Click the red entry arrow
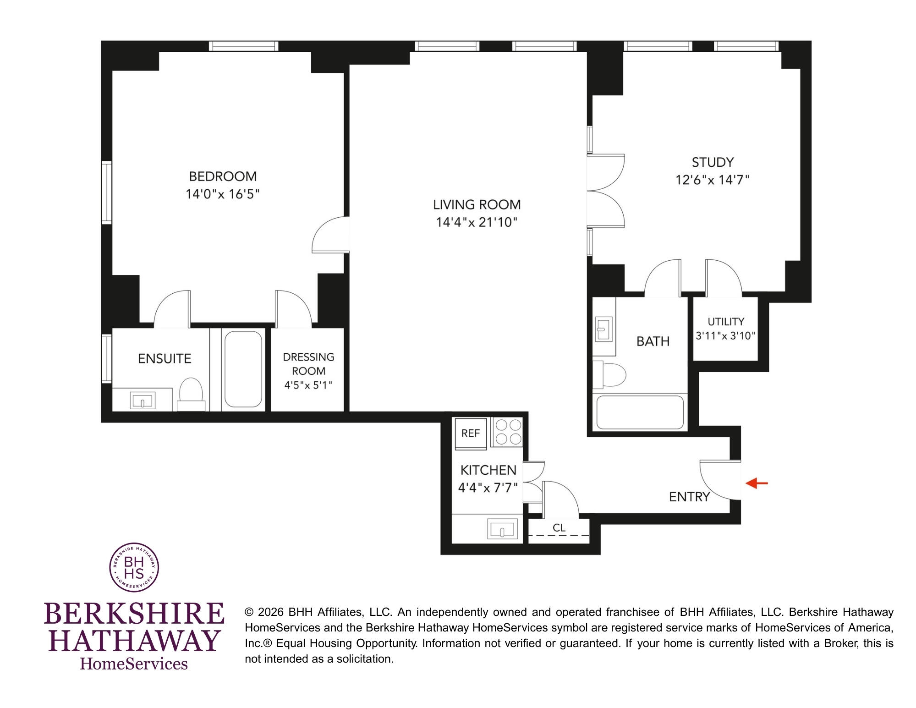pyautogui.click(x=757, y=483)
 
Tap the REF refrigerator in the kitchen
pyautogui.click(x=471, y=433)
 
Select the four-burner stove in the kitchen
pyautogui.click(x=507, y=432)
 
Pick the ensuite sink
pyautogui.click(x=143, y=400)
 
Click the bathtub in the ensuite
pyautogui.click(x=243, y=369)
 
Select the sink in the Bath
pyautogui.click(x=603, y=329)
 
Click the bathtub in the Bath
pyautogui.click(x=640, y=412)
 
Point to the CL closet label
pyautogui.click(x=559, y=528)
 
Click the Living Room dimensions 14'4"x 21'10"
pyautogui.click(x=477, y=222)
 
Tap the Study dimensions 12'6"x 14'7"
pyautogui.click(x=713, y=180)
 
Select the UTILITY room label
pyautogui.click(x=726, y=322)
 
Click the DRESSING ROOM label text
pyautogui.click(x=308, y=364)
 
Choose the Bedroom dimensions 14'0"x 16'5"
pyautogui.click(x=223, y=194)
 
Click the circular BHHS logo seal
pyautogui.click(x=134, y=567)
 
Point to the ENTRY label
pyautogui.click(x=689, y=497)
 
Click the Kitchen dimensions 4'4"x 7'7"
pyautogui.click(x=488, y=487)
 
